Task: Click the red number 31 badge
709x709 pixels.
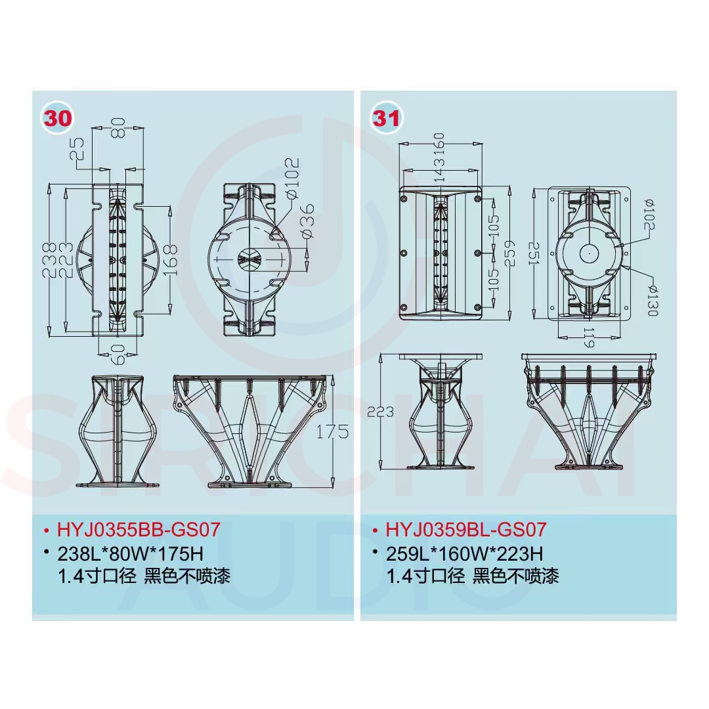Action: pyautogui.click(x=386, y=118)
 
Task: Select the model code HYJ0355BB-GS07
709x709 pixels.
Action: pyautogui.click(x=139, y=529)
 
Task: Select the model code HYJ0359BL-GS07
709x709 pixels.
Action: pyautogui.click(x=466, y=529)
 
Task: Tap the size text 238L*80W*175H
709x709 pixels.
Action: pyautogui.click(x=130, y=553)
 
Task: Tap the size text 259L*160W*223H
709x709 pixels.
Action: pyautogui.click(x=464, y=553)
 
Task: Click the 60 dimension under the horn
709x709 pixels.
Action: pyautogui.click(x=118, y=354)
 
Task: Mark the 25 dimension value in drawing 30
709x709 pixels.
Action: pyautogui.click(x=77, y=149)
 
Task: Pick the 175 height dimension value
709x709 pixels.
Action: pyautogui.click(x=332, y=432)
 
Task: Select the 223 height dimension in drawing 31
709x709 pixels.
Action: pyautogui.click(x=380, y=412)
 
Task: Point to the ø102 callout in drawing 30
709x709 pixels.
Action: pyautogui.click(x=292, y=179)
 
